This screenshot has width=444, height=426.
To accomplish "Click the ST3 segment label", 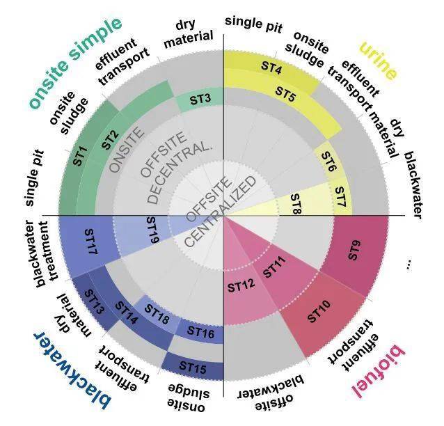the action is pos(200,99).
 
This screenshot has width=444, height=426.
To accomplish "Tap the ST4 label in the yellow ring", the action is pos(271,68).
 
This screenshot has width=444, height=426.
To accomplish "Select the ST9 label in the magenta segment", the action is pos(354,250).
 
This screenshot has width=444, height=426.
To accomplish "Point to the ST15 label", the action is pos(193,367).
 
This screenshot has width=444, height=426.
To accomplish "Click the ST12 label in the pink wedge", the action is pos(241,286).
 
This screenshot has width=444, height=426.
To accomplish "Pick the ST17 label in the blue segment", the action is pos(91,242).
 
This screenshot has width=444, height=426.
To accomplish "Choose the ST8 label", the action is pos(296,203).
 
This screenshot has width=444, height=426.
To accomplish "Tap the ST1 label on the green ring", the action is pos(81,156).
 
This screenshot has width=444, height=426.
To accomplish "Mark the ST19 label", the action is pos(152,230).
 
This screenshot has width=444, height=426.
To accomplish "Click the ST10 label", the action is pos(319,311).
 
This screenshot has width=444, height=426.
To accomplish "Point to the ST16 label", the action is pos(200,333).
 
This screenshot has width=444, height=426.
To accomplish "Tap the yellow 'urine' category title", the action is pos(378,61).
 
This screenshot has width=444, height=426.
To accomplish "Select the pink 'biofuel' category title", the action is pos(379,371).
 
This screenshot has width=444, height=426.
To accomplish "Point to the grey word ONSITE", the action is pos(126,150).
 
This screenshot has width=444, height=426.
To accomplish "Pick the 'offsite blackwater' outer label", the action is pos(271,393).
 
